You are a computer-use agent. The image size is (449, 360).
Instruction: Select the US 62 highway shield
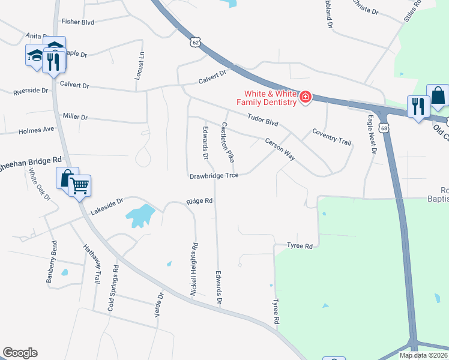tap(193, 41)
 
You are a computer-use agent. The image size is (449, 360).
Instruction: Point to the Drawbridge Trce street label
tap(214, 176)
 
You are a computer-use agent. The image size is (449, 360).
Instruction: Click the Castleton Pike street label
tap(228, 143)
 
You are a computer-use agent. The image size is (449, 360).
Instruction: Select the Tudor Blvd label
tap(264, 119)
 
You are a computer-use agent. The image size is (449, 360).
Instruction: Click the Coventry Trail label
tap(331, 136)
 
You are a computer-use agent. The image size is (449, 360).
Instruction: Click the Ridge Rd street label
tap(200, 202)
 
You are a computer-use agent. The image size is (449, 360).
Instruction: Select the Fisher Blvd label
tap(78, 22)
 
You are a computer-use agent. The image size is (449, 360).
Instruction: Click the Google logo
tap(20, 353)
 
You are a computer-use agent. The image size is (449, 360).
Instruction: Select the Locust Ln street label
tap(140, 65)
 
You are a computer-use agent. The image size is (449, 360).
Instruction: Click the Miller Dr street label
tap(75, 116)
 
